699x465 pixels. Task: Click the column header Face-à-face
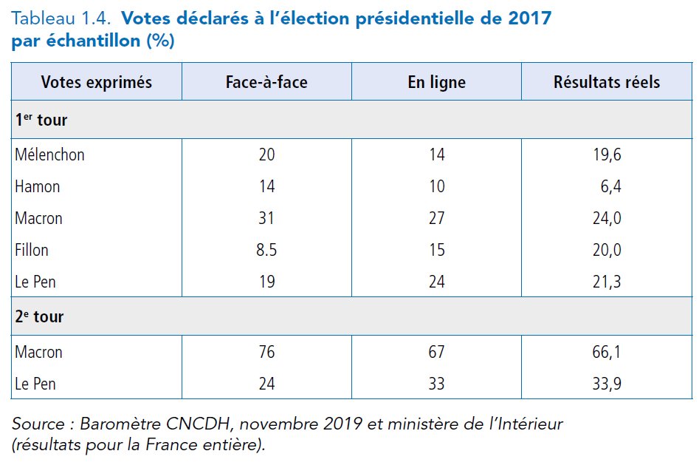(266, 82)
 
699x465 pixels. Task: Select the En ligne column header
(436, 82)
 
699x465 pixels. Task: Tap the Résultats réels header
(607, 82)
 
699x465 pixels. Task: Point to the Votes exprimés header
(96, 82)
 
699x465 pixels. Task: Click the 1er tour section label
(41, 120)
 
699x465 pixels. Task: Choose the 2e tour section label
(39, 317)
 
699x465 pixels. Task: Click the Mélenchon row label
(49, 155)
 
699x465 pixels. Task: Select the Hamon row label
(37, 187)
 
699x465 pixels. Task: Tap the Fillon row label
(32, 250)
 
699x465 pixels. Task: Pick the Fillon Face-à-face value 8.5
(266, 250)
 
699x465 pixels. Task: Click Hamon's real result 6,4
(610, 187)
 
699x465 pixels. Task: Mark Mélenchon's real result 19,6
(607, 155)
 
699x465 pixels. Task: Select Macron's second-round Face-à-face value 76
(266, 353)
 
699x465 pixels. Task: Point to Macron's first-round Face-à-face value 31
(266, 219)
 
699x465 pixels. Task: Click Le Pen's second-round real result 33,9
(607, 384)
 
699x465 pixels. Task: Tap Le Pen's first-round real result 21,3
(607, 282)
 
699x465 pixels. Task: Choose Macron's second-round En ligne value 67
(436, 353)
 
